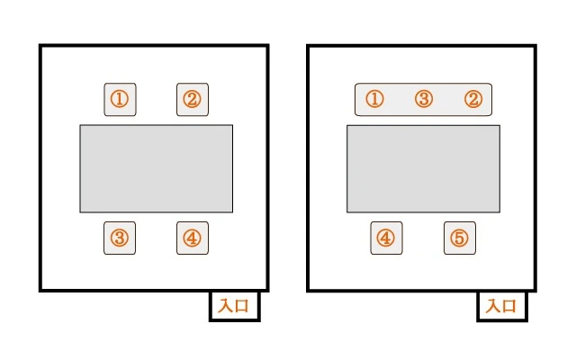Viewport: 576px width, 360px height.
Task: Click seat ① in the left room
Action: (x=120, y=99)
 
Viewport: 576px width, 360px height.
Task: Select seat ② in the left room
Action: (x=193, y=99)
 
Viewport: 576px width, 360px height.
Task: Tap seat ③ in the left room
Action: (x=120, y=238)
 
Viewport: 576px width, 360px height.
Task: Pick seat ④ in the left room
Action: (x=193, y=238)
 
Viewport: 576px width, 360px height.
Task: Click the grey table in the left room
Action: (x=156, y=168)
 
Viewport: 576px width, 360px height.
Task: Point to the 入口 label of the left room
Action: (x=235, y=306)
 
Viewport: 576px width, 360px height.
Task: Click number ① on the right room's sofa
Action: (x=375, y=99)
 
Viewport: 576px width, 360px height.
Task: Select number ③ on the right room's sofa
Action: (x=424, y=99)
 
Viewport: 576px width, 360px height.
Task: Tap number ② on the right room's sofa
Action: (x=473, y=99)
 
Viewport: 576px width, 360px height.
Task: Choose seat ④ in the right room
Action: (x=386, y=238)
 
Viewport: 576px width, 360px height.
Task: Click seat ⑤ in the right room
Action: (x=459, y=238)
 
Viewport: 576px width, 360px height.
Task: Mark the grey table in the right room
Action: (x=423, y=168)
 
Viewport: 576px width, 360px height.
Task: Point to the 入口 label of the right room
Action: (x=501, y=306)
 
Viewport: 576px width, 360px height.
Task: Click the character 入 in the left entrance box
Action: (x=226, y=306)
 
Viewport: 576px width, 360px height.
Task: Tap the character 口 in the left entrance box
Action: (x=244, y=306)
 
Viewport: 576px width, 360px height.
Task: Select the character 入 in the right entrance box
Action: (x=492, y=306)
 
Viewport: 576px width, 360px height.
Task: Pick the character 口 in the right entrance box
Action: (x=510, y=306)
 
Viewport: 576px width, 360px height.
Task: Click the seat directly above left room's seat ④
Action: (x=193, y=99)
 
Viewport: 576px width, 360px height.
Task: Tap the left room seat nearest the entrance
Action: (x=193, y=238)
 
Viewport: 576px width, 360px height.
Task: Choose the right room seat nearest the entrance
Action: (x=459, y=238)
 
